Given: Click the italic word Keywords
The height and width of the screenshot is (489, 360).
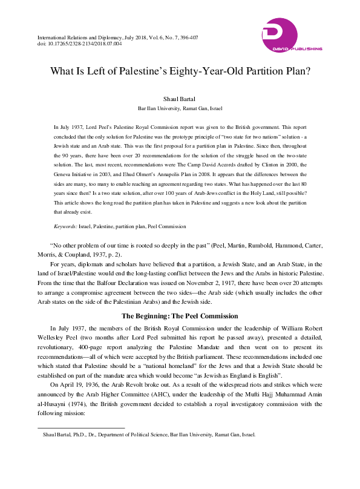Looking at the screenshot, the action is click(x=65, y=226).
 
